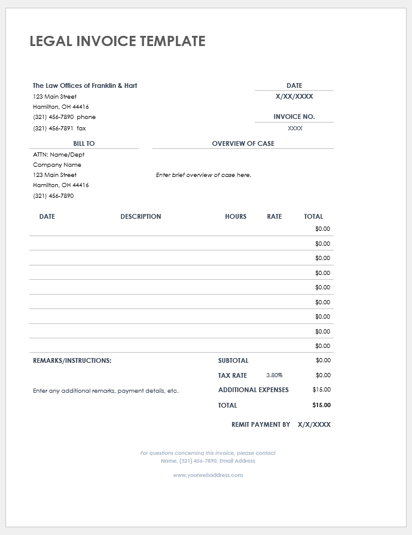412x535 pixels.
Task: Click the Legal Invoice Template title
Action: pos(117,41)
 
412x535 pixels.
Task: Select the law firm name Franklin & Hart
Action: pos(85,85)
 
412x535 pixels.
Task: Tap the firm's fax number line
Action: pos(59,129)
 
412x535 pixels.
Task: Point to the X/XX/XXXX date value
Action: pos(294,96)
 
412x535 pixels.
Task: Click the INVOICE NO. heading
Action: pos(294,117)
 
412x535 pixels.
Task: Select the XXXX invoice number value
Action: pos(295,129)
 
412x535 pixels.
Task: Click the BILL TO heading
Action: pos(84,143)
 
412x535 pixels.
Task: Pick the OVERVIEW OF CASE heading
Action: pos(243,143)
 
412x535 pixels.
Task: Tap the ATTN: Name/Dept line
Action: pos(59,155)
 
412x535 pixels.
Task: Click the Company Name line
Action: pos(57,165)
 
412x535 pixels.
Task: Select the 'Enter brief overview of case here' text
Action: pos(203,175)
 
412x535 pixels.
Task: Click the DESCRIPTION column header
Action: pos(141,216)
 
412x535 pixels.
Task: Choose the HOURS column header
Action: pos(236,216)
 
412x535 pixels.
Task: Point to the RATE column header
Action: pos(274,216)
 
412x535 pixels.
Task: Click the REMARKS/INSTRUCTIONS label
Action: pos(72,360)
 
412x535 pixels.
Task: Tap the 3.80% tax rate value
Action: pos(274,375)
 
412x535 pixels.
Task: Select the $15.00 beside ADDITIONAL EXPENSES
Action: pos(321,390)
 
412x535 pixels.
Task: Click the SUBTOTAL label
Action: pos(233,360)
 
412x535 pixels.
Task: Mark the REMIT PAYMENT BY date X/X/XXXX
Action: pos(314,424)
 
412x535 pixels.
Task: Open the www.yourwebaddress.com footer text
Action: pos(208,475)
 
